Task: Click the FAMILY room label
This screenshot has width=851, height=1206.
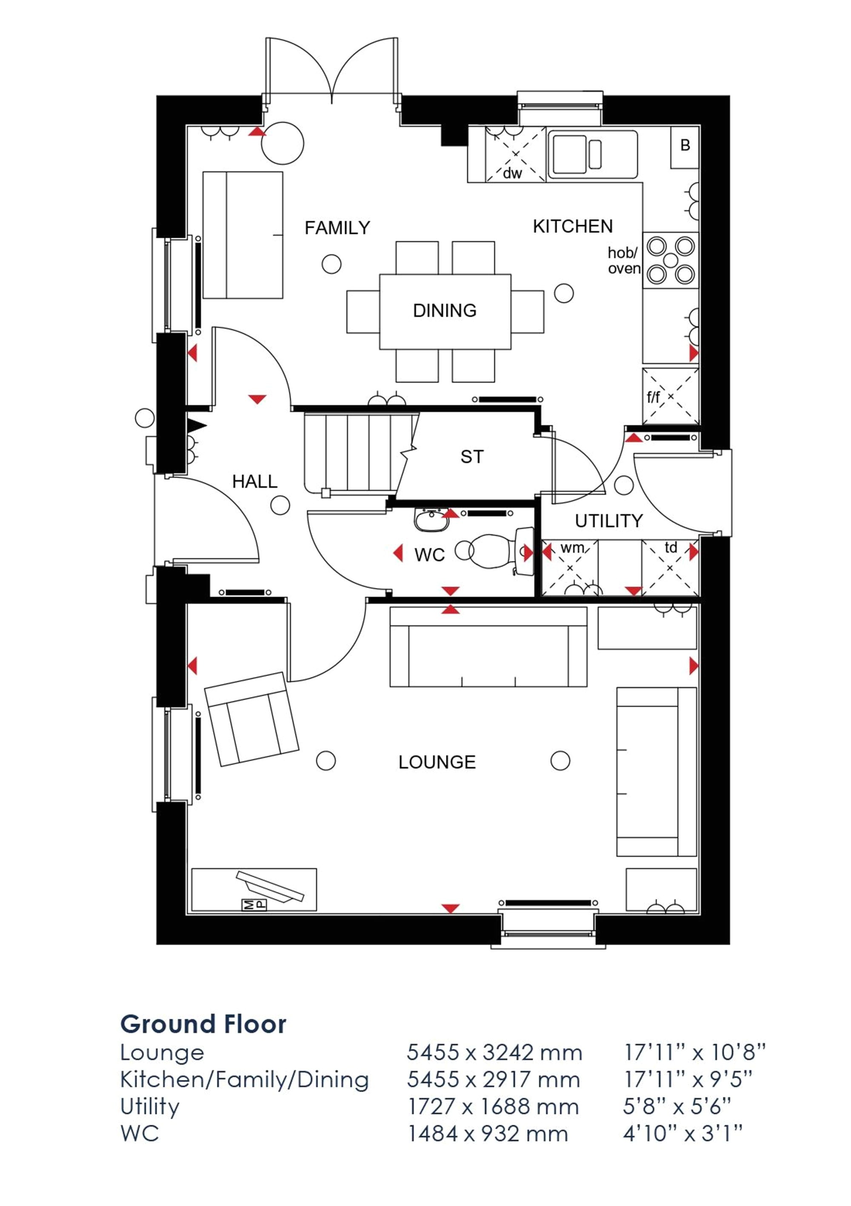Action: click(x=337, y=228)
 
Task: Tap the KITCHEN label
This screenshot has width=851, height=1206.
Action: click(x=573, y=226)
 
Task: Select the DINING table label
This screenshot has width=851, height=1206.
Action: click(x=445, y=310)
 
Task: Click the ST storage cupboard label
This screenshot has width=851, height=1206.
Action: click(x=471, y=457)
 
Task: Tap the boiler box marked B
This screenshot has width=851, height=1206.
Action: click(x=685, y=148)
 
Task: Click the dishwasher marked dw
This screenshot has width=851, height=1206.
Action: click(x=516, y=154)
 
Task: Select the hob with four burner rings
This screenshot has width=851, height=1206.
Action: click(x=671, y=260)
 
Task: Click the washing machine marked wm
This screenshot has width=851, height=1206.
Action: click(x=570, y=568)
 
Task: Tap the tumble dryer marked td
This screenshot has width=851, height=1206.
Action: click(x=670, y=568)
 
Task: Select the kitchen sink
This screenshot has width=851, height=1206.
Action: click(x=593, y=154)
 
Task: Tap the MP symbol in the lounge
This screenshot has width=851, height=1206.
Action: click(x=254, y=904)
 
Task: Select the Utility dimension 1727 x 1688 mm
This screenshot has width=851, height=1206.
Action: click(x=494, y=1107)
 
